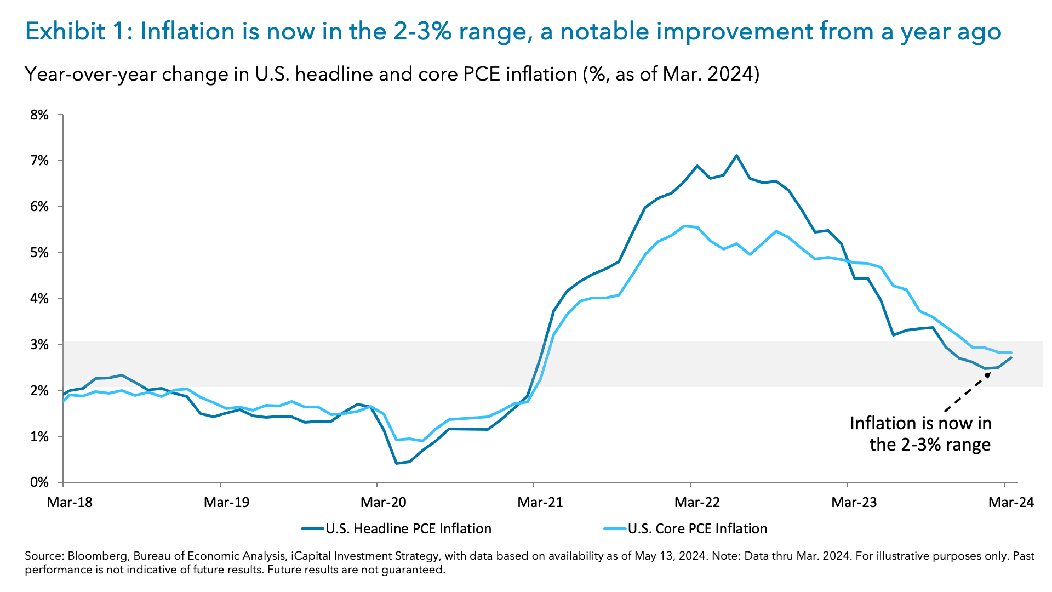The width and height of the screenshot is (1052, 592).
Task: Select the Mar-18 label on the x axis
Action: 70,502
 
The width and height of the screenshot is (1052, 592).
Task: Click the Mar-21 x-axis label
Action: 540,502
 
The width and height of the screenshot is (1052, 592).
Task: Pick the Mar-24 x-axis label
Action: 1011,502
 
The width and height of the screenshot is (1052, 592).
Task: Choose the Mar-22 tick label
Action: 697,502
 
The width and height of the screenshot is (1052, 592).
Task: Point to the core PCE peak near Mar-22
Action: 684,226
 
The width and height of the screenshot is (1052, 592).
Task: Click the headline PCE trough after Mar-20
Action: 396,463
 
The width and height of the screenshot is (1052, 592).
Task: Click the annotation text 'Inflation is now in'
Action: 921,423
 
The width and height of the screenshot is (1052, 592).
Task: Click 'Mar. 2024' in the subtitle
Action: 707,74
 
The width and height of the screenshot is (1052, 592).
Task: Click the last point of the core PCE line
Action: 1011,352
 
